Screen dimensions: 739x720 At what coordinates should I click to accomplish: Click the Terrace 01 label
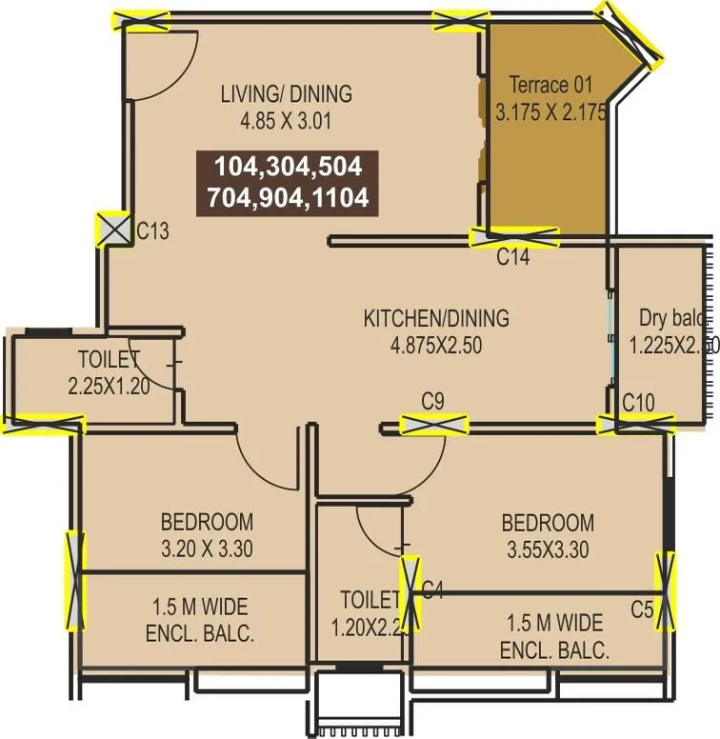point(550,84)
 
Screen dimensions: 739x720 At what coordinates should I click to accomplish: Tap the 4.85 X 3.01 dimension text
point(286,121)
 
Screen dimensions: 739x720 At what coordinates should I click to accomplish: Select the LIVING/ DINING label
point(286,94)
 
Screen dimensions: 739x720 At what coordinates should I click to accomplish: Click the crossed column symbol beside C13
point(113,230)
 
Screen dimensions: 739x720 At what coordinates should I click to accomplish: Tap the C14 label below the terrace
point(513,257)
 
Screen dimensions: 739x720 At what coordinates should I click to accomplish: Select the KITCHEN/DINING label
point(436,318)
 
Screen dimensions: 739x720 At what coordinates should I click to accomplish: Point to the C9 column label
point(433,402)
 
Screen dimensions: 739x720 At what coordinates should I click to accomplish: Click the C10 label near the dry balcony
point(638,404)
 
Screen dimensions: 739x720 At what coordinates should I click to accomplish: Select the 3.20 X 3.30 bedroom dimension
point(207,549)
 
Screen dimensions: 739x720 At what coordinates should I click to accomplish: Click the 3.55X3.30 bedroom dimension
point(548,549)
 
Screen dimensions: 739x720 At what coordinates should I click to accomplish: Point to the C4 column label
point(433,591)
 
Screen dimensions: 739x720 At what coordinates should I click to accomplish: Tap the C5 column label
point(643,607)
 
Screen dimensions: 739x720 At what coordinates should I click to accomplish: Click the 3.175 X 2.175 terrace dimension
point(550,111)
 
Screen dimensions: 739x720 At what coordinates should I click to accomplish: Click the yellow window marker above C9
point(433,425)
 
